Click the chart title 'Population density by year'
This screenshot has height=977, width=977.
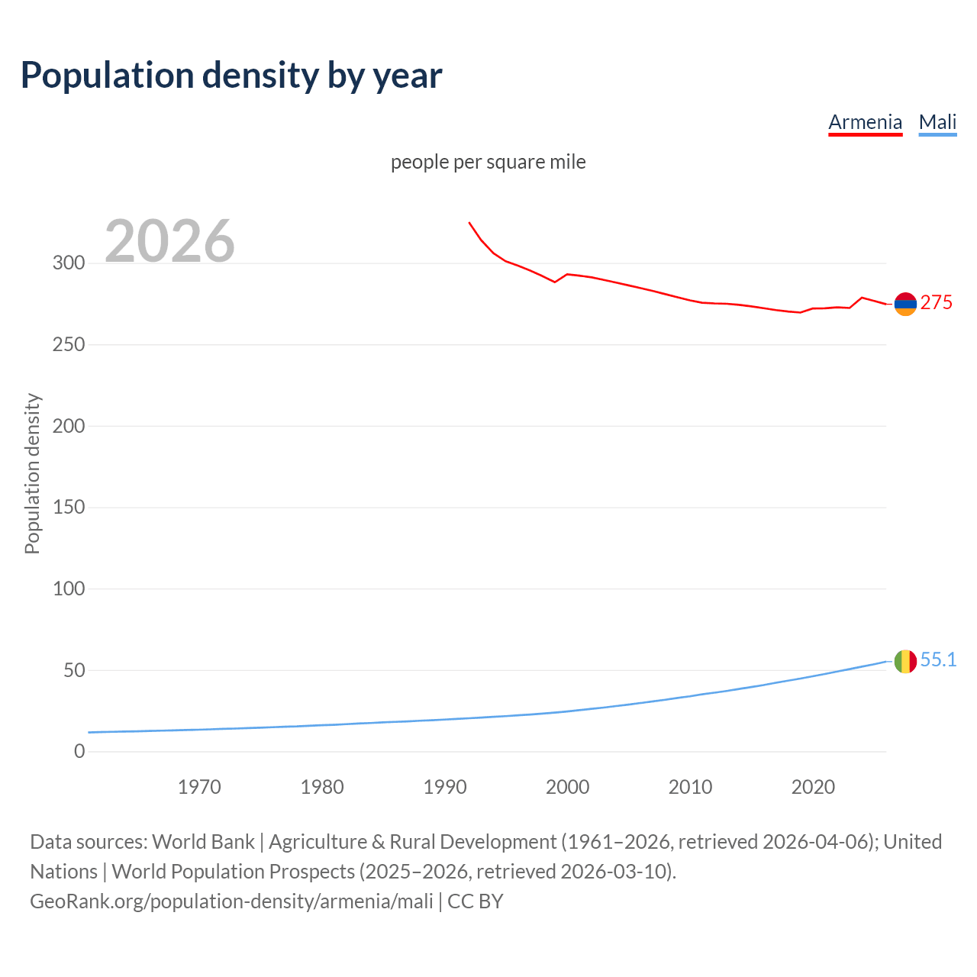point(231,75)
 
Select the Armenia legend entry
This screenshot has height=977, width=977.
point(865,122)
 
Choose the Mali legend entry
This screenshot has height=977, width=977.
point(937,122)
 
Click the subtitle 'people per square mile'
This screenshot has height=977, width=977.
point(488,162)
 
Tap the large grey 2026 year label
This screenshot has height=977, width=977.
point(169,241)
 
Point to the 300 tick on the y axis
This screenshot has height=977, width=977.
point(69,263)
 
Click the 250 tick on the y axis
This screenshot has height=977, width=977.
point(69,345)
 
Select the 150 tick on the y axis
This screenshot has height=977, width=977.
point(69,508)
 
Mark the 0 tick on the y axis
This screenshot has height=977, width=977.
point(79,752)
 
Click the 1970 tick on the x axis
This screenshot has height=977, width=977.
point(199,787)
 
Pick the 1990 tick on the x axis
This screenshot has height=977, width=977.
point(445,787)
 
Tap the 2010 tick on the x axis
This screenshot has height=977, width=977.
point(690,787)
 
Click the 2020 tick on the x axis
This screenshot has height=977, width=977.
point(813,787)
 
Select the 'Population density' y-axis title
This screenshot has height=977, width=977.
point(32,473)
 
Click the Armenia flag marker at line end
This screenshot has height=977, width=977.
point(905,304)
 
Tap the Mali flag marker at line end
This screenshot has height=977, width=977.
point(905,661)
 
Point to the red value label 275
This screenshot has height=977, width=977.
point(937,303)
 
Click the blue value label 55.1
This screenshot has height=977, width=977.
point(938,660)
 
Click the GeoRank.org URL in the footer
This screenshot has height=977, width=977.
point(231,901)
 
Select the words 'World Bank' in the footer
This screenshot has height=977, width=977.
point(203,842)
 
